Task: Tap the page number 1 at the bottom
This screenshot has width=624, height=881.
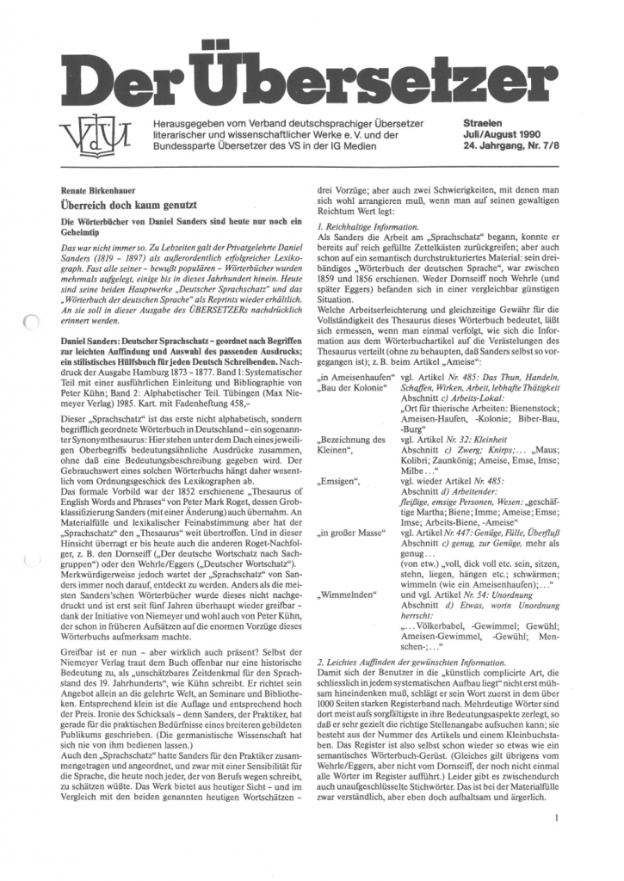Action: click(x=558, y=820)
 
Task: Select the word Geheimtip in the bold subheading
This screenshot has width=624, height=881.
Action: click(x=77, y=232)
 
